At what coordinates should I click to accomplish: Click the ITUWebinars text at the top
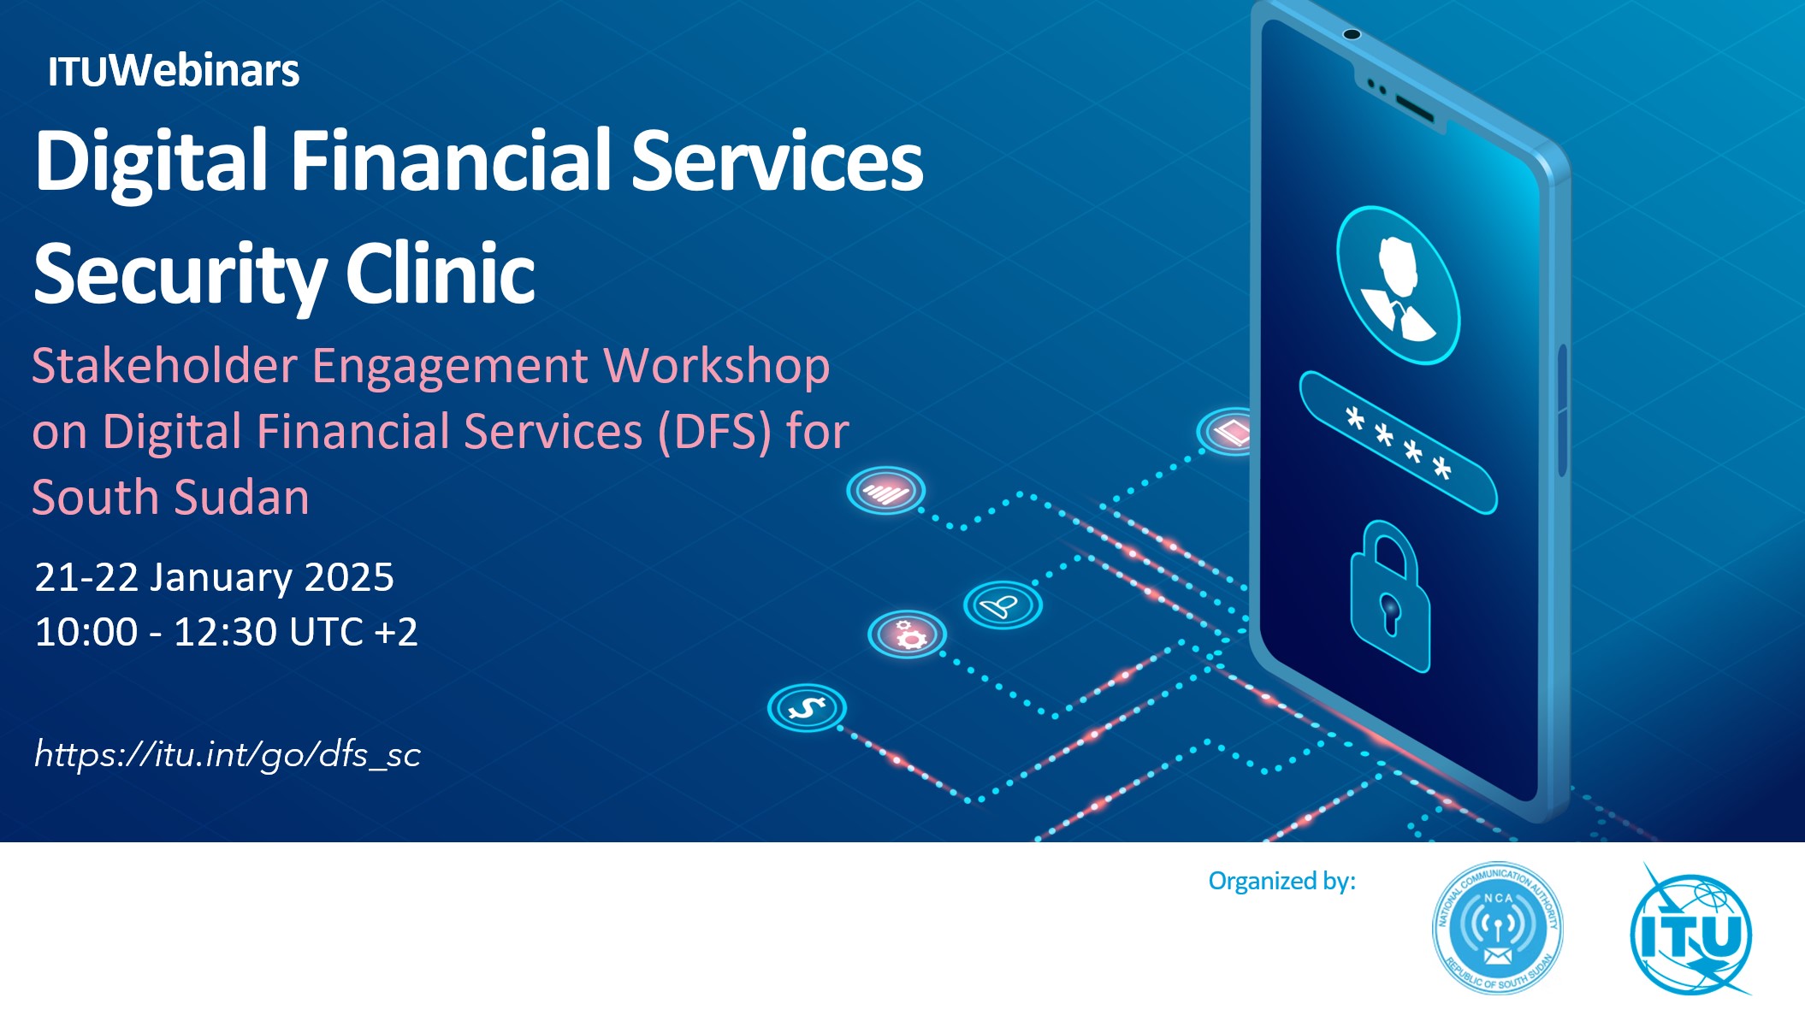pos(174,70)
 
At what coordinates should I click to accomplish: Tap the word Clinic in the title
pos(441,274)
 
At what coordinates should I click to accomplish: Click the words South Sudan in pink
pos(170,497)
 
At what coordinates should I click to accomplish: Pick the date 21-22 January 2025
pos(214,577)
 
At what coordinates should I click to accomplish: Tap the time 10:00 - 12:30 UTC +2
pos(226,632)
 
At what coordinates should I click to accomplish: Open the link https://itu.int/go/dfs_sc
pos(228,754)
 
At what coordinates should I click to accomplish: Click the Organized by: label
pos(1281,881)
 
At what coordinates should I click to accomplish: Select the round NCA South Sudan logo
pos(1498,928)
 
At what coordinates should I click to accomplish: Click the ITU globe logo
pos(1691,930)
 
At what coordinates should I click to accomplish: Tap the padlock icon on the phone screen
pos(1390,597)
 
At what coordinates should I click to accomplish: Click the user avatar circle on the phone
pos(1398,286)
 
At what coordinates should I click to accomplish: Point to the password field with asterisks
pos(1398,443)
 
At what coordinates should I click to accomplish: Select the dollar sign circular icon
pos(807,708)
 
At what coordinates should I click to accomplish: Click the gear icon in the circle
pos(908,635)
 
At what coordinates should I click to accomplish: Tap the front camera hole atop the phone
pos(1352,34)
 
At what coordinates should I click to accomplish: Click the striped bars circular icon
pos(886,491)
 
